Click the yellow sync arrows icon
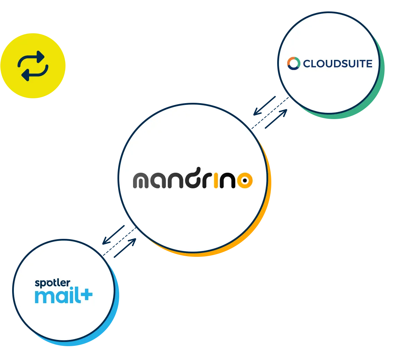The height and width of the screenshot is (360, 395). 33,65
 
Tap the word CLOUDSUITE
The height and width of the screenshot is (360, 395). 337,64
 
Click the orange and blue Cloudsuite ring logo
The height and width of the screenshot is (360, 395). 293,63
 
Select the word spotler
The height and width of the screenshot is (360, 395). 52,283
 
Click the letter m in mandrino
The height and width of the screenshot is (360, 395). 143,181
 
